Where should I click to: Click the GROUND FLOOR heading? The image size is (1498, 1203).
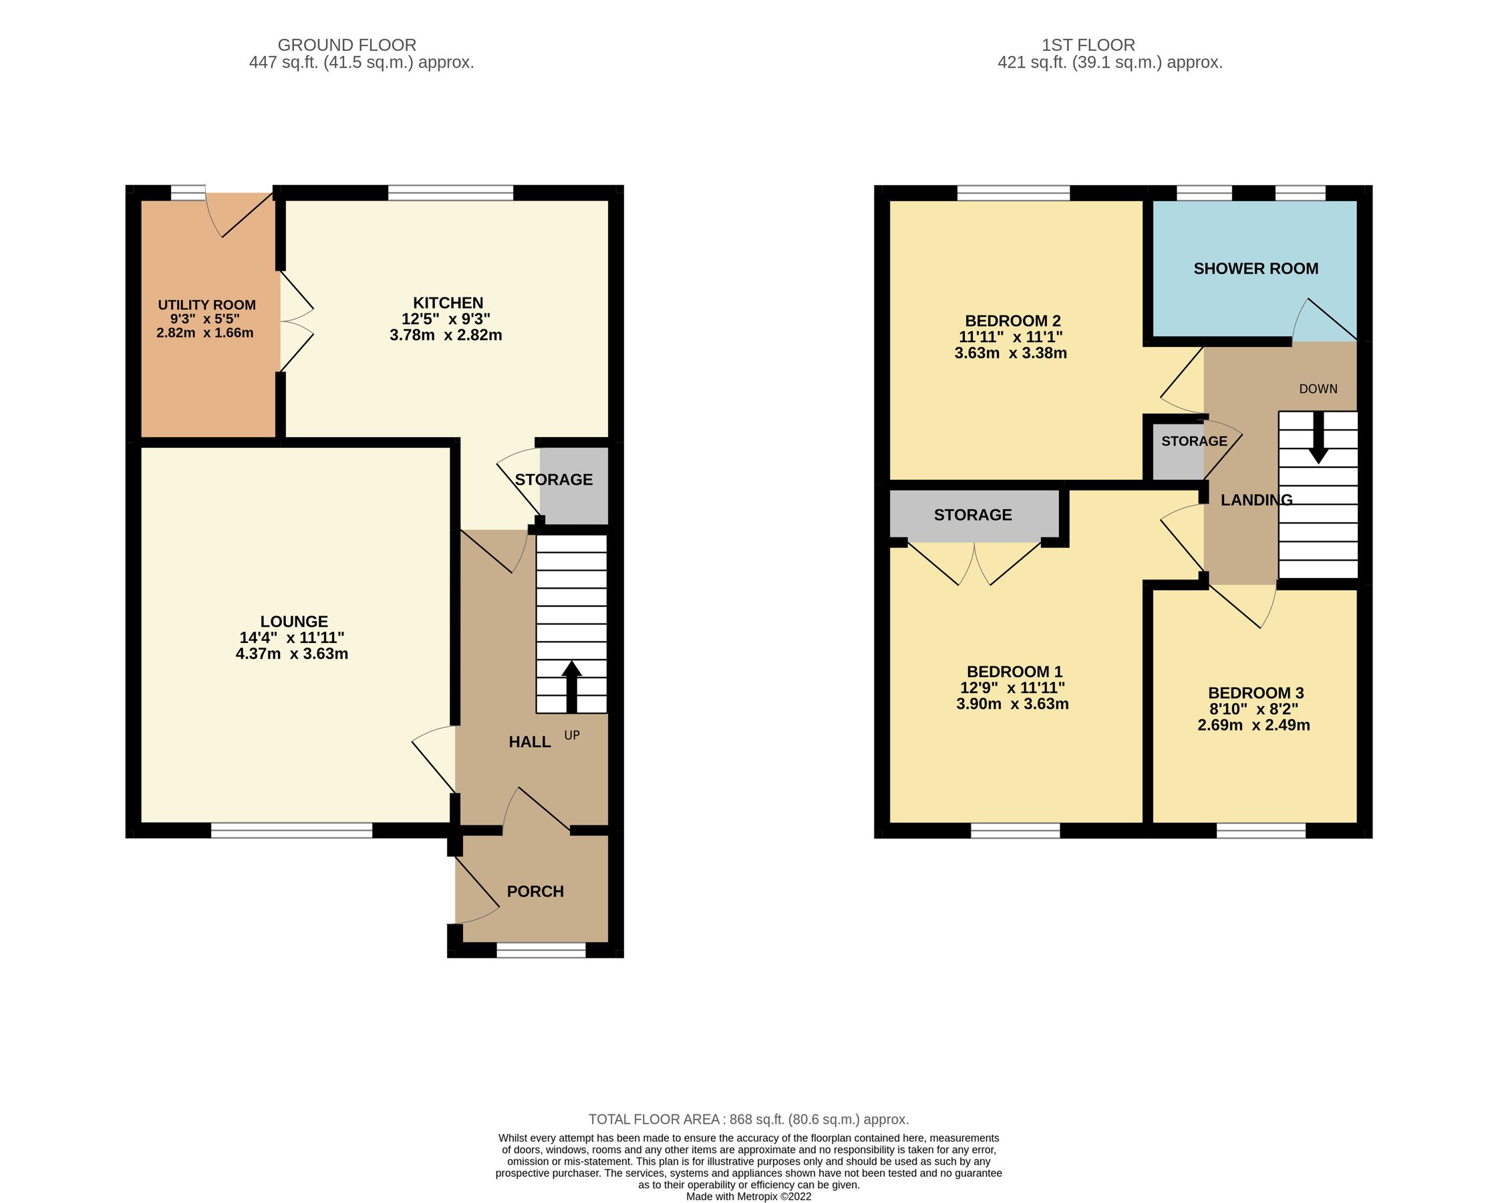pyautogui.click(x=347, y=45)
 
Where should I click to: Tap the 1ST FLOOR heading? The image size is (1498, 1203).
pyautogui.click(x=1087, y=45)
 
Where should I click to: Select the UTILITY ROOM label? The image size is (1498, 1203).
pyautogui.click(x=206, y=305)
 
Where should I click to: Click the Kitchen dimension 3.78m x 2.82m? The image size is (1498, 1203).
pyautogui.click(x=446, y=335)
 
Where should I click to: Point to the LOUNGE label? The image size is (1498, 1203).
pyautogui.click(x=294, y=622)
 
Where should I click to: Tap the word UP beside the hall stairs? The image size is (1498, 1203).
pyautogui.click(x=571, y=735)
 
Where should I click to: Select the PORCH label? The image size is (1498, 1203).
pyautogui.click(x=535, y=892)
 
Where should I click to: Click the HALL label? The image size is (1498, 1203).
pyautogui.click(x=529, y=743)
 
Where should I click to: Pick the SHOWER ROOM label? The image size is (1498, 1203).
pyautogui.click(x=1255, y=269)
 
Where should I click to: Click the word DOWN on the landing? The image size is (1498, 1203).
pyautogui.click(x=1318, y=389)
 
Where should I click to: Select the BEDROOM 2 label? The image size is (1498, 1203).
pyautogui.click(x=1012, y=321)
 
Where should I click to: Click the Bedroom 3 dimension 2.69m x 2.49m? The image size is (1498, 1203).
pyautogui.click(x=1253, y=726)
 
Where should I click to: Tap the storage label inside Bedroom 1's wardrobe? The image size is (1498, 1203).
pyautogui.click(x=973, y=515)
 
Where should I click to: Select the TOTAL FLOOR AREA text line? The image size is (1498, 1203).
pyautogui.click(x=748, y=1119)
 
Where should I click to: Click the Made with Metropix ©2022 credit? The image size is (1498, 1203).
pyautogui.click(x=748, y=1197)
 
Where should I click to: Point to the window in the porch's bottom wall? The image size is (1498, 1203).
pyautogui.click(x=541, y=950)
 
